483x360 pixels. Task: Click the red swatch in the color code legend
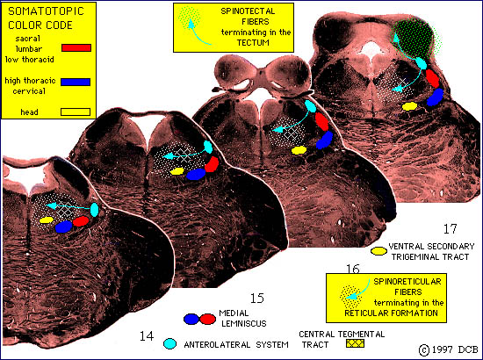[76, 47]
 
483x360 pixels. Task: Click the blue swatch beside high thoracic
[76, 82]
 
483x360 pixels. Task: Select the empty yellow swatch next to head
[76, 112]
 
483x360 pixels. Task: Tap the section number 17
[450, 229]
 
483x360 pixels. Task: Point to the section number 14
[147, 336]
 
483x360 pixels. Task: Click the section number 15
[257, 299]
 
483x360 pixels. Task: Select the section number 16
[353, 270]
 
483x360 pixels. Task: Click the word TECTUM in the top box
[253, 42]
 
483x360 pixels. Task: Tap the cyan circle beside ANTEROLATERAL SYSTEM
[169, 343]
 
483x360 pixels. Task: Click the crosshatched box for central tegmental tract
[355, 343]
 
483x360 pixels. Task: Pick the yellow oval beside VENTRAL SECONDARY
[378, 251]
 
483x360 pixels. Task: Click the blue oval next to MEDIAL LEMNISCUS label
[191, 319]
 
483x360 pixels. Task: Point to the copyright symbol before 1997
[424, 350]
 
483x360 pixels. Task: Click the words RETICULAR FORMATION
[391, 313]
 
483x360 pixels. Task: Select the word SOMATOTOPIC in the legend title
[46, 11]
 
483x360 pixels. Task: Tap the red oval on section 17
[432, 78]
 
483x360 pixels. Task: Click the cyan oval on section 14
[94, 210]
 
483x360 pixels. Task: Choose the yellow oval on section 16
[299, 150]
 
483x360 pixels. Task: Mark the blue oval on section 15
[196, 175]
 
